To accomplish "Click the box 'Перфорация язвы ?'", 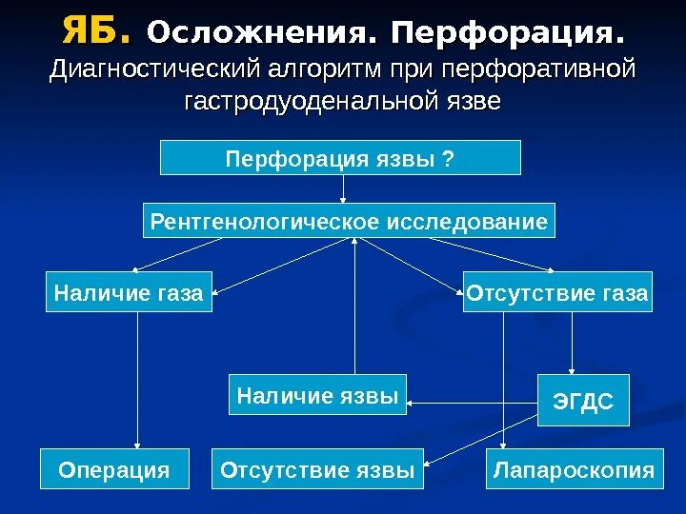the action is pos(340,158).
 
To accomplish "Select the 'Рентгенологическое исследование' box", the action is pos(349,222).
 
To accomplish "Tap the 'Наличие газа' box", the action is pos(129,293).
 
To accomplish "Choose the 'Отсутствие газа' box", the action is pos(557,293).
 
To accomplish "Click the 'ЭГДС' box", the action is pos(577,403).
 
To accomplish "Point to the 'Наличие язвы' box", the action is pos(317,395).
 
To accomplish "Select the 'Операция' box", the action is pos(114,470).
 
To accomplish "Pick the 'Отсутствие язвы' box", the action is pos(317,470).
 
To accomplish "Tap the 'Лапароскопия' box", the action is pos(574,470).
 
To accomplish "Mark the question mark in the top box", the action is pos(448,158).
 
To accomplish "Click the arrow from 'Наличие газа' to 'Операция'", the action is pos(137,381).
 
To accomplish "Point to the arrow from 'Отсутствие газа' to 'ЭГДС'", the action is pos(572,343).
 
